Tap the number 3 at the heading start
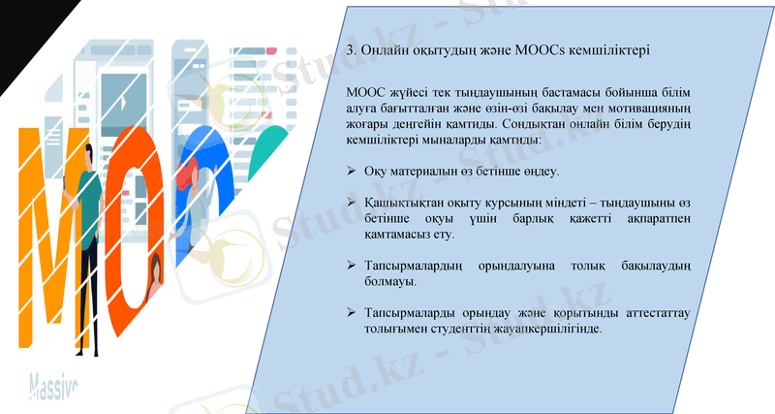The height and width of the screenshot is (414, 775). coord(350,48)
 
